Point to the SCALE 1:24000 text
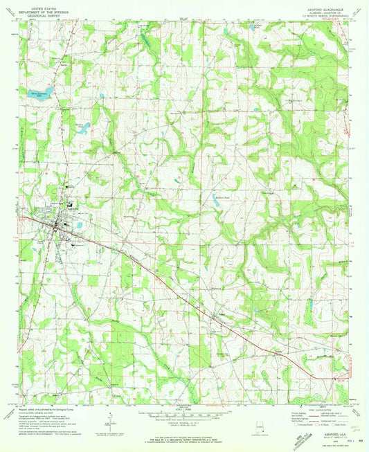click(184, 409)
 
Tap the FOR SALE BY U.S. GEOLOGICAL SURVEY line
click(184, 435)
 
